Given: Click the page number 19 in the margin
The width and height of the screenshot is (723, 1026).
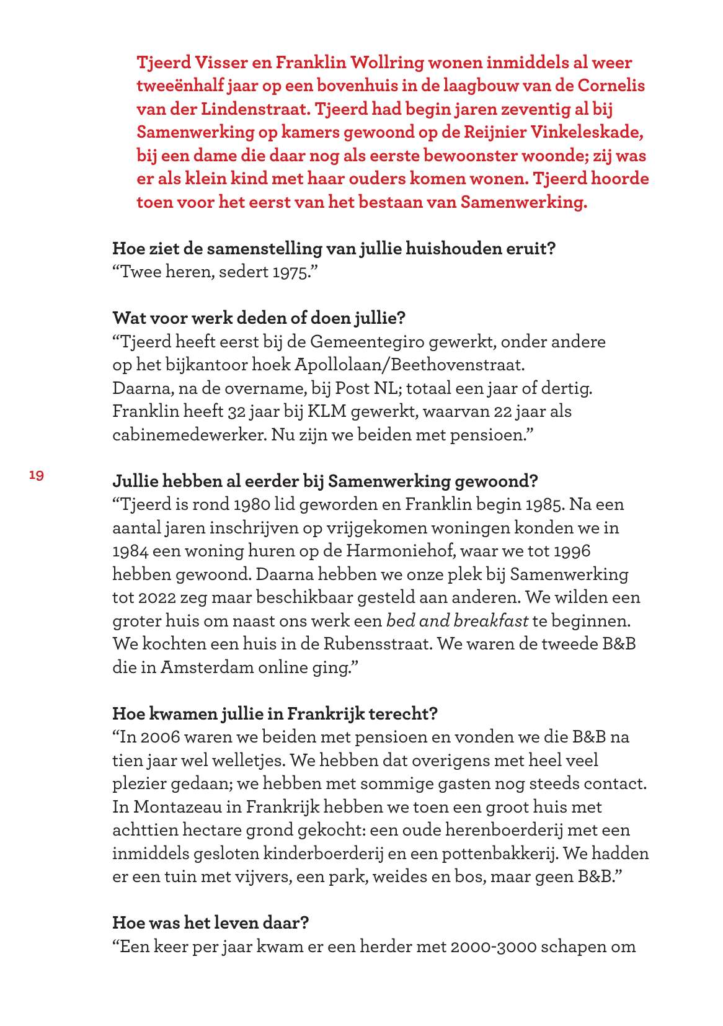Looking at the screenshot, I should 37,476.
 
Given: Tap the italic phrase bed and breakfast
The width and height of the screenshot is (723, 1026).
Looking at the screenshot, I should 457,621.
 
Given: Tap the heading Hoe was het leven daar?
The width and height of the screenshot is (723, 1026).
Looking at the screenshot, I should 211,923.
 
